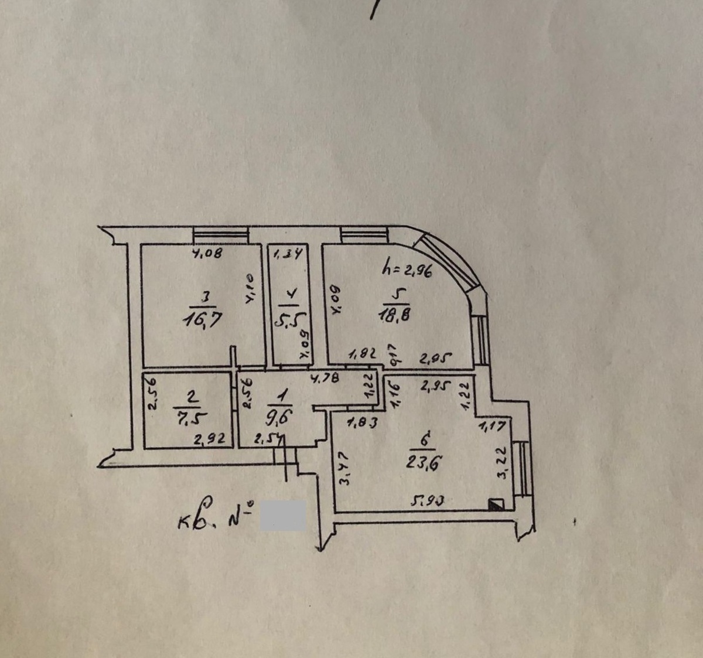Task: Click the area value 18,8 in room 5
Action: click(395, 315)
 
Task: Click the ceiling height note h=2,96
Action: click(406, 271)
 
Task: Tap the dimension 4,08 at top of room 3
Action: click(207, 254)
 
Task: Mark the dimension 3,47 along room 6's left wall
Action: click(344, 467)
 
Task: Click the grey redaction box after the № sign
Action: click(282, 516)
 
